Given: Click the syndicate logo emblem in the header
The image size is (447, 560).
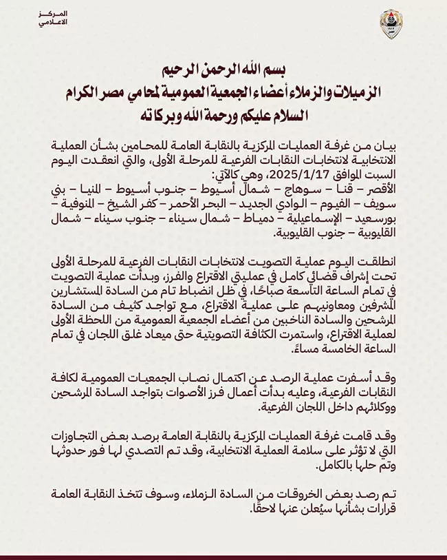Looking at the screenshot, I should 391,23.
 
